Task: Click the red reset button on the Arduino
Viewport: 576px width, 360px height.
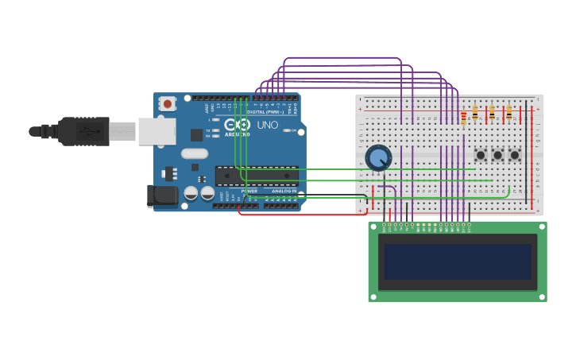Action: tap(167, 103)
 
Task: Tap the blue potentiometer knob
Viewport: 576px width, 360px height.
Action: tap(378, 157)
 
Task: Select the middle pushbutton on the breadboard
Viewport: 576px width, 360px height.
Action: tap(497, 155)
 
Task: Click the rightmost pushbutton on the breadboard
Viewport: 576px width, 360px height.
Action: tap(514, 155)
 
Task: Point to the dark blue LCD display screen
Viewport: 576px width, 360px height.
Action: tap(457, 261)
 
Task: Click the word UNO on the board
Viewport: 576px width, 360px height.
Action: tap(268, 126)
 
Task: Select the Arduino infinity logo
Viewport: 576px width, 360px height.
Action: tap(238, 125)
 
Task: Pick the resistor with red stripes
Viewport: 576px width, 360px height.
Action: tap(463, 118)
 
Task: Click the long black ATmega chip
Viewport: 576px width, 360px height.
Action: tap(257, 176)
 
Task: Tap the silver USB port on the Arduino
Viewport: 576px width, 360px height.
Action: tap(157, 131)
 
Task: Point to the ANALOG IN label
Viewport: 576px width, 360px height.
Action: tap(284, 191)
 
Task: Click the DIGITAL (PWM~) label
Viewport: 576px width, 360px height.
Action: tap(265, 112)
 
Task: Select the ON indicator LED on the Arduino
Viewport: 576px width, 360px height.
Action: tap(286, 130)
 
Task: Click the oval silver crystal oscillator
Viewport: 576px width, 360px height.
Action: tap(194, 153)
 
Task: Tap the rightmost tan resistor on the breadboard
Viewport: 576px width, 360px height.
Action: tap(508, 114)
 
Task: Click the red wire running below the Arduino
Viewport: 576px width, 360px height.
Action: tap(302, 215)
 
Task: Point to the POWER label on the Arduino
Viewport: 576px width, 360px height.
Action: tap(249, 191)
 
